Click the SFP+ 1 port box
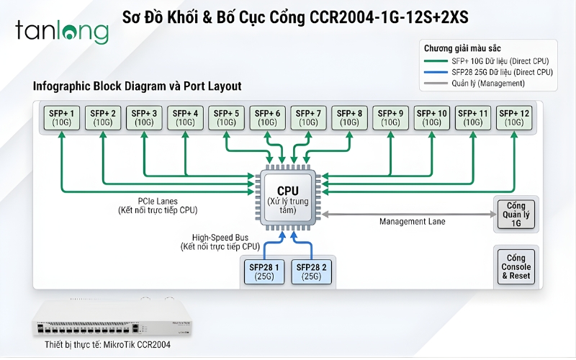pos(63,118)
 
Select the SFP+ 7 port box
pos(308,118)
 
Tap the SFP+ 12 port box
pos(514,118)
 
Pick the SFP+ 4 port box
pos(186,118)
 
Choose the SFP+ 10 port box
pos(432,118)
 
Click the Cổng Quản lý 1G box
pos(516,214)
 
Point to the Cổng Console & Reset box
pos(516,266)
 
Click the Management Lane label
pos(413,222)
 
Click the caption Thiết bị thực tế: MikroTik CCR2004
pos(107,345)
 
